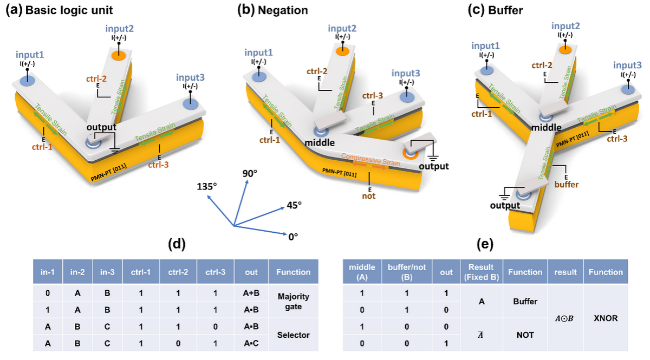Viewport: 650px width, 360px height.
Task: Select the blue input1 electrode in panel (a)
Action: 27,80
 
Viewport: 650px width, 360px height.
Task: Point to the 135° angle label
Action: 207,186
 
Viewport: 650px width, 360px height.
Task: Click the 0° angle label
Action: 293,236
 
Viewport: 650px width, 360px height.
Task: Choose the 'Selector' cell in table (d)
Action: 292,335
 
